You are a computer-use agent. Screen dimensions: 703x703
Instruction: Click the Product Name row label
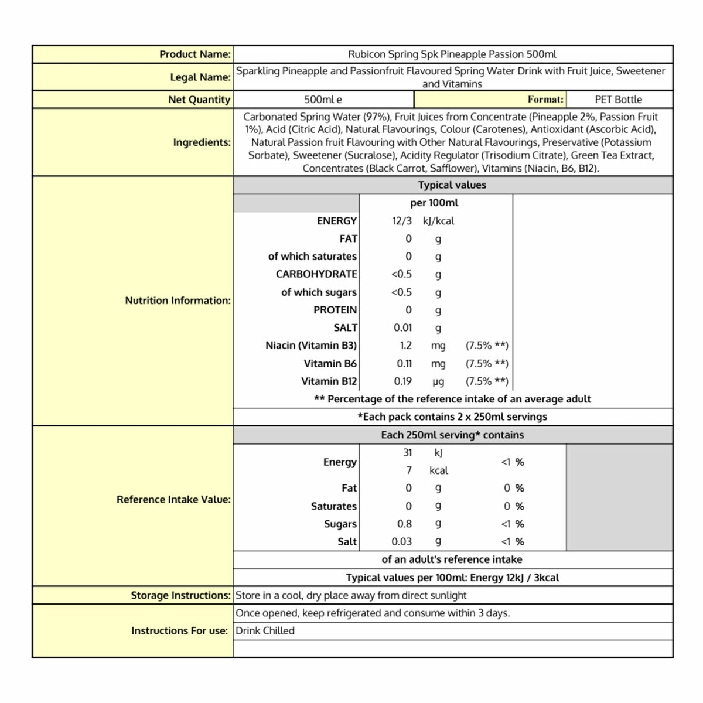pyautogui.click(x=195, y=54)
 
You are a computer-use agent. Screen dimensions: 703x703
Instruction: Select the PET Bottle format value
pyautogui.click(x=618, y=100)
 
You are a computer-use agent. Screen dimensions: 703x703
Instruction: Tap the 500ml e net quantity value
pyautogui.click(x=323, y=100)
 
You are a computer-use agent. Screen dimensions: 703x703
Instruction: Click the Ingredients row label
pyautogui.click(x=202, y=142)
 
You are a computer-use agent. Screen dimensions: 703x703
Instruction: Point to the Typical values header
pyautogui.click(x=452, y=185)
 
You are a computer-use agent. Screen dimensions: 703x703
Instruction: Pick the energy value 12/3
pyautogui.click(x=402, y=221)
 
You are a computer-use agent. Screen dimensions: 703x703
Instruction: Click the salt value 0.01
pyautogui.click(x=402, y=327)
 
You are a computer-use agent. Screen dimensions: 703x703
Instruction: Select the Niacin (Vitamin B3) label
pyautogui.click(x=310, y=346)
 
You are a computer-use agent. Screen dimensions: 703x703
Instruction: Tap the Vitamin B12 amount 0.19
pyautogui.click(x=402, y=381)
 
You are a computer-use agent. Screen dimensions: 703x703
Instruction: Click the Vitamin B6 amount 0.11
pyautogui.click(x=404, y=364)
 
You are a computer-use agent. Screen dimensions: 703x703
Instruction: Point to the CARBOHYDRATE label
pyautogui.click(x=316, y=274)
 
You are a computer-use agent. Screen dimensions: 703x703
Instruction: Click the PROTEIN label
pyautogui.click(x=335, y=310)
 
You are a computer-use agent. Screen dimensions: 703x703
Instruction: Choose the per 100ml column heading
pyautogui.click(x=434, y=203)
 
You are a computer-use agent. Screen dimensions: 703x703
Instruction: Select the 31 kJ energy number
pyautogui.click(x=407, y=453)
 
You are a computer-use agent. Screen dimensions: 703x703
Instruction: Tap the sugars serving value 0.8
pyautogui.click(x=404, y=524)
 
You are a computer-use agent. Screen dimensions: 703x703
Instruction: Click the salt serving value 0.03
pyautogui.click(x=401, y=542)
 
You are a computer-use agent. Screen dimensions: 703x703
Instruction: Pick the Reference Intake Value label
pyautogui.click(x=173, y=500)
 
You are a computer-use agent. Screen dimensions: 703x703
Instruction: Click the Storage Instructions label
pyautogui.click(x=180, y=595)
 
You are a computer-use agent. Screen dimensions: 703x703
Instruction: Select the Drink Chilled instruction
pyautogui.click(x=265, y=631)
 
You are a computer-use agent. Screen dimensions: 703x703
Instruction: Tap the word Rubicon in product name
pyautogui.click(x=366, y=54)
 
